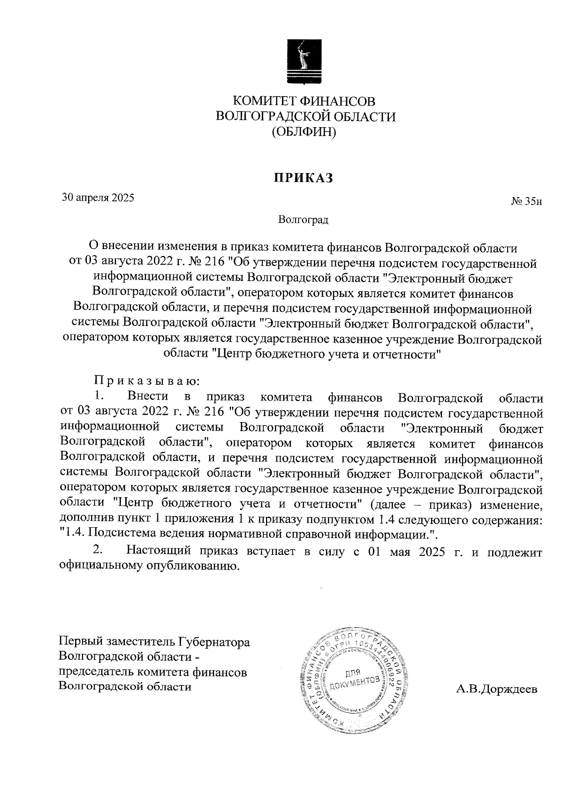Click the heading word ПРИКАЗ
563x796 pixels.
[x=304, y=178]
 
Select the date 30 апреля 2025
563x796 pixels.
[x=99, y=197]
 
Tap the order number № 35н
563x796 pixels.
[x=526, y=202]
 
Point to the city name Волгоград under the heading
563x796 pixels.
[x=303, y=220]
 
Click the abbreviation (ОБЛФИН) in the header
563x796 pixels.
[x=304, y=132]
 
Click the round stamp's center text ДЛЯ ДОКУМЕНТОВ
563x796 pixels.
[x=353, y=678]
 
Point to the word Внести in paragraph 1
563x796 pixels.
[x=147, y=397]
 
